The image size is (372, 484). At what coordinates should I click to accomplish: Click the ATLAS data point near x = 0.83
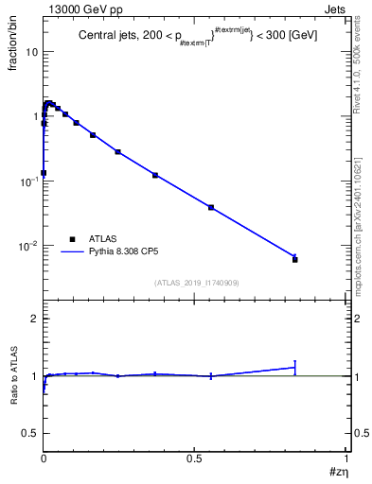pos(295,259)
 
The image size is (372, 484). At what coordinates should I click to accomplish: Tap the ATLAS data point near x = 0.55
pos(211,207)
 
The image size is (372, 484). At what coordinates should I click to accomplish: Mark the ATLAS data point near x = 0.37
pos(155,175)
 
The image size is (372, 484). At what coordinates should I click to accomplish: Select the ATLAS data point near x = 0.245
pos(117,151)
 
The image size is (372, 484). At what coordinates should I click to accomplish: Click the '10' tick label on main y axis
pos(30,52)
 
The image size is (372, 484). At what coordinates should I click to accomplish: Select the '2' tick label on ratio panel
pos(35,320)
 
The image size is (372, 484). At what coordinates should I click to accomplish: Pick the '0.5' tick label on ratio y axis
pos(31,433)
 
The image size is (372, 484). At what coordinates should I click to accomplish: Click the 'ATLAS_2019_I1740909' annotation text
pos(195,283)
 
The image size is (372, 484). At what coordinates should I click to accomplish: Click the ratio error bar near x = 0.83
pos(295,367)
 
